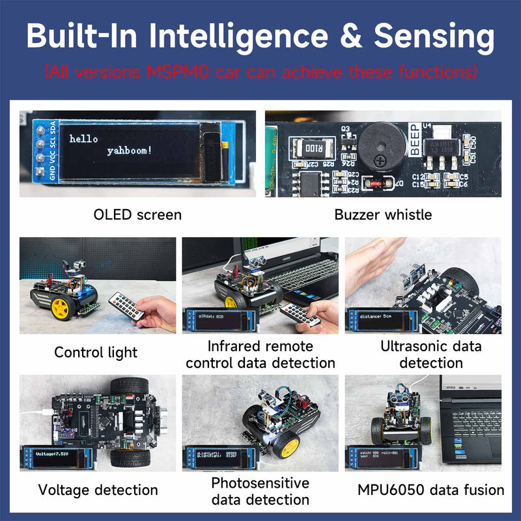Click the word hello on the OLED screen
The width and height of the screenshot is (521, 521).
click(x=83, y=139)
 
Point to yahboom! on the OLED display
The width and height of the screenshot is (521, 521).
click(x=129, y=151)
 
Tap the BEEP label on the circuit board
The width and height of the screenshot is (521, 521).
click(x=414, y=139)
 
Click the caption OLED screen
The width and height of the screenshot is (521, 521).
click(x=137, y=214)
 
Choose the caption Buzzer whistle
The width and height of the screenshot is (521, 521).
click(x=383, y=214)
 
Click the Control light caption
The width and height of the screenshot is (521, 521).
click(x=96, y=352)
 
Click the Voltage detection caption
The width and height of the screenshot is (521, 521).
click(x=98, y=490)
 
